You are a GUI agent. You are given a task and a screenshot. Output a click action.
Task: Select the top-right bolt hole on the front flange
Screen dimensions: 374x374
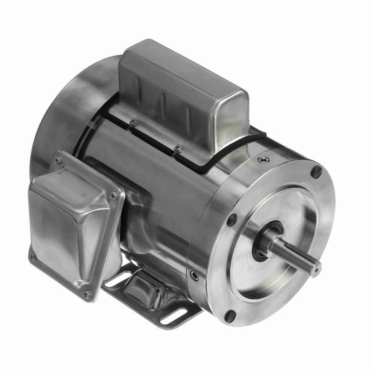pyautogui.click(x=316, y=172)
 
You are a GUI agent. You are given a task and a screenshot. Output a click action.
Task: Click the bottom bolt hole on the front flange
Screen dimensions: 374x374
pyautogui.click(x=230, y=316)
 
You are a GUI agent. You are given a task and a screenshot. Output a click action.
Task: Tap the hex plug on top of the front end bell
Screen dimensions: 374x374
pyautogui.click(x=262, y=160)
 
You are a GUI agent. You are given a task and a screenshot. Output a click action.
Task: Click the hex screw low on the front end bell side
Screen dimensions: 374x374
pyautogui.click(x=194, y=275)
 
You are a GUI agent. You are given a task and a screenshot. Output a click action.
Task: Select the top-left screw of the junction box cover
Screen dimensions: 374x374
pyautogui.click(x=57, y=161)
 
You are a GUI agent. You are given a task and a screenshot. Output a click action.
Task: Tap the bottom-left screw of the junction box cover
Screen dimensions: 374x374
pyautogui.click(x=32, y=256)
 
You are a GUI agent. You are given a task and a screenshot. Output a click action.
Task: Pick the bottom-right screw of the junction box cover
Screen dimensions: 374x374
pyautogui.click(x=86, y=295)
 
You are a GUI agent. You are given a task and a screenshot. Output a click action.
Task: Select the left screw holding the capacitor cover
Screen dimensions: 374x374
pyautogui.click(x=134, y=122)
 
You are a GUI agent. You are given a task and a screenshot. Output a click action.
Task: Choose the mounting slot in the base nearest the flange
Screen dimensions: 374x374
pyautogui.click(x=176, y=316)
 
